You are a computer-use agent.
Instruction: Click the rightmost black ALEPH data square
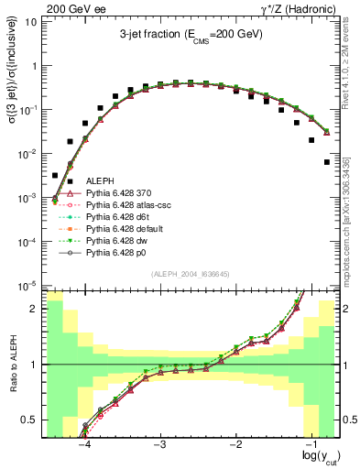click(327, 162)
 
